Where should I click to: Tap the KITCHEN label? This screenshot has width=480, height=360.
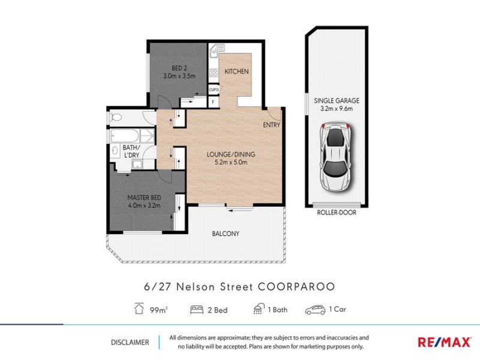[236, 71]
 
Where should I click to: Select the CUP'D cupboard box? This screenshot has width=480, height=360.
[214, 90]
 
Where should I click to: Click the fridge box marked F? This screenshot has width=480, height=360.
[214, 101]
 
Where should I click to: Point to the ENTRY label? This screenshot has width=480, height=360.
[271, 125]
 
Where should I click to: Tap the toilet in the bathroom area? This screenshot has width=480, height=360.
[116, 117]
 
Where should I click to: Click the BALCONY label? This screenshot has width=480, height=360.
[226, 233]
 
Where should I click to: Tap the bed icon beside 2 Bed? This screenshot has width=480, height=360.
[196, 310]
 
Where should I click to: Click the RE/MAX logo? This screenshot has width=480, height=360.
[444, 342]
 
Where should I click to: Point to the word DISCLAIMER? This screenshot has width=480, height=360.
[130, 342]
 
